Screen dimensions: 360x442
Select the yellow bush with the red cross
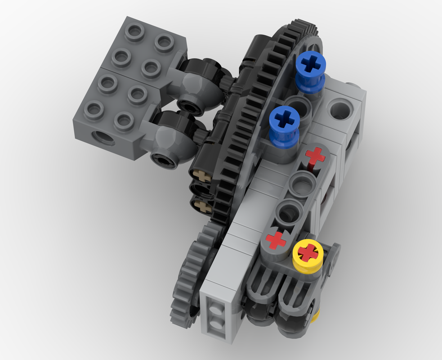click(308, 253)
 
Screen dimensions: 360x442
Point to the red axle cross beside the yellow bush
click(276, 240)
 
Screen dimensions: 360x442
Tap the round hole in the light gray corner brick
click(339, 109)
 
